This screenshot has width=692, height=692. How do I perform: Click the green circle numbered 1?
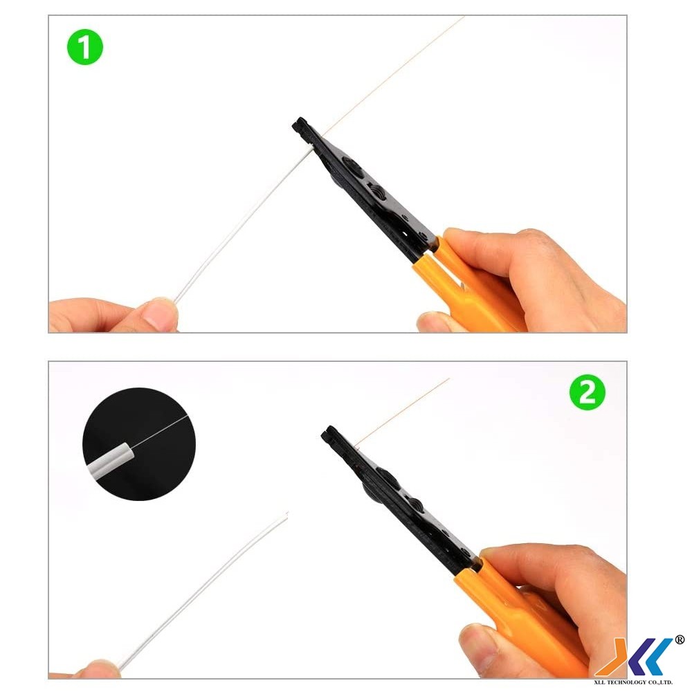(x=84, y=47)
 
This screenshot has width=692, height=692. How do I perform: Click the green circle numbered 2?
(x=587, y=392)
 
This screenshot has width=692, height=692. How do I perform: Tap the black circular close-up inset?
(x=139, y=444)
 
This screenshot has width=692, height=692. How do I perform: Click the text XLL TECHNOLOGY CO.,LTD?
(x=633, y=682)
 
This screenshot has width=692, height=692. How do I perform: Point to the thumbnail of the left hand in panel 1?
(x=160, y=314)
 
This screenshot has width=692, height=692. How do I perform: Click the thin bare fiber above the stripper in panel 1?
(x=393, y=75)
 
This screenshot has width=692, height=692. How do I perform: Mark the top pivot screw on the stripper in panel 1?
(x=353, y=167)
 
